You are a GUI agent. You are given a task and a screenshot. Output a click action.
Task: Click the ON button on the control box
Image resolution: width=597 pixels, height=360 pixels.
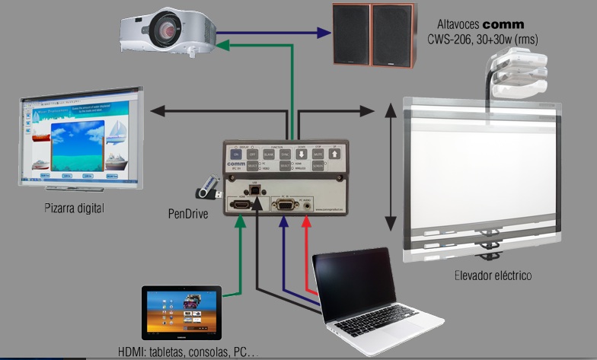click(235, 154)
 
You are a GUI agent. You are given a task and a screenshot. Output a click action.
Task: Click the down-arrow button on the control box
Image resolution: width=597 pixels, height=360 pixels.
click(301, 154)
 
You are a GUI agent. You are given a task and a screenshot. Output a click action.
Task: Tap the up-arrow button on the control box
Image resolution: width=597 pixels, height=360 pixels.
click(335, 154)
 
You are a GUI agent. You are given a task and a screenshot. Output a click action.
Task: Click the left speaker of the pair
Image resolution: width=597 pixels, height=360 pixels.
click(350, 35)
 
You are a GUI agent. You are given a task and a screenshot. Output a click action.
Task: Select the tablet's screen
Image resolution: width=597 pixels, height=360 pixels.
click(181, 312)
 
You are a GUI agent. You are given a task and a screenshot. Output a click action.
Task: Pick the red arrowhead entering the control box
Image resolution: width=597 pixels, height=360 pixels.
click(308, 223)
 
